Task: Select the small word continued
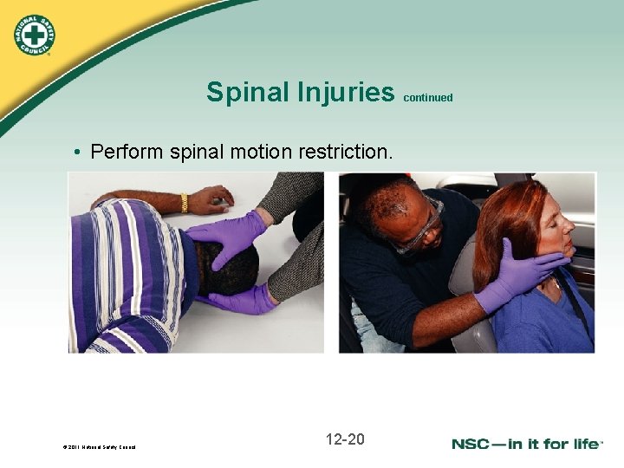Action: click(x=427, y=98)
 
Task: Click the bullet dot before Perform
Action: click(x=77, y=153)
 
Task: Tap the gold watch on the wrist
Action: click(x=184, y=203)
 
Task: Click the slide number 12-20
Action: click(x=345, y=439)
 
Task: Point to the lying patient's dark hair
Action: click(x=229, y=269)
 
